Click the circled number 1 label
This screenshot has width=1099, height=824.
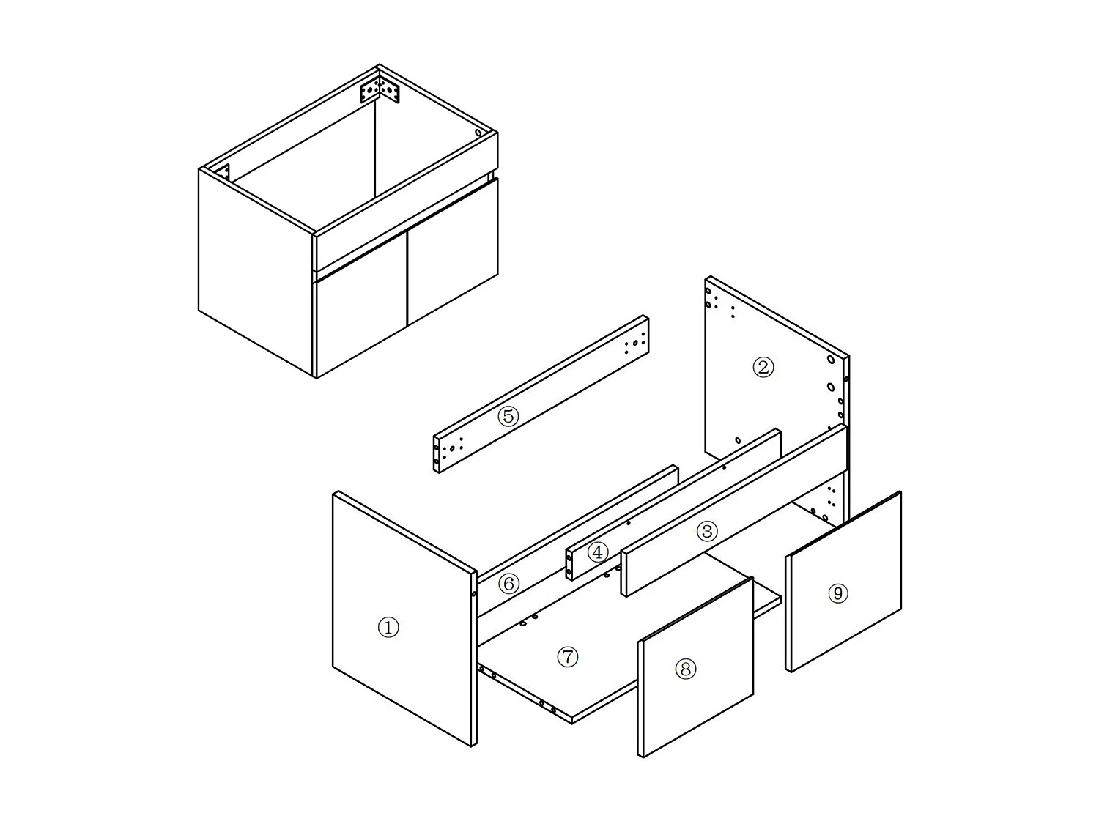pyautogui.click(x=388, y=627)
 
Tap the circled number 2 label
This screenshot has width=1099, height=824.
pyautogui.click(x=763, y=367)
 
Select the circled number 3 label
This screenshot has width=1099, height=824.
pyautogui.click(x=706, y=531)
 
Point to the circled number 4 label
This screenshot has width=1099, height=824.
pyautogui.click(x=597, y=552)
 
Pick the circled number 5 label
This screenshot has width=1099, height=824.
pyautogui.click(x=508, y=416)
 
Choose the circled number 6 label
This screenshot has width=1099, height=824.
pyautogui.click(x=508, y=584)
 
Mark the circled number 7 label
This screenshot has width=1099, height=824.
pyautogui.click(x=568, y=657)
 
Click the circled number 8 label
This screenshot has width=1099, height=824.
pyautogui.click(x=685, y=668)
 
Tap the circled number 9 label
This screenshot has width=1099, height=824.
pyautogui.click(x=837, y=593)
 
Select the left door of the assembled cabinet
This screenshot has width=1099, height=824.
pyautogui.click(x=360, y=322)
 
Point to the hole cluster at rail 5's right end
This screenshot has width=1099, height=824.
pyautogui.click(x=635, y=344)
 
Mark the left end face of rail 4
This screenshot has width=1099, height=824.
pyautogui.click(x=569, y=565)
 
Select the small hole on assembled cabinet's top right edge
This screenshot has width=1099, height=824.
pyautogui.click(x=478, y=133)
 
